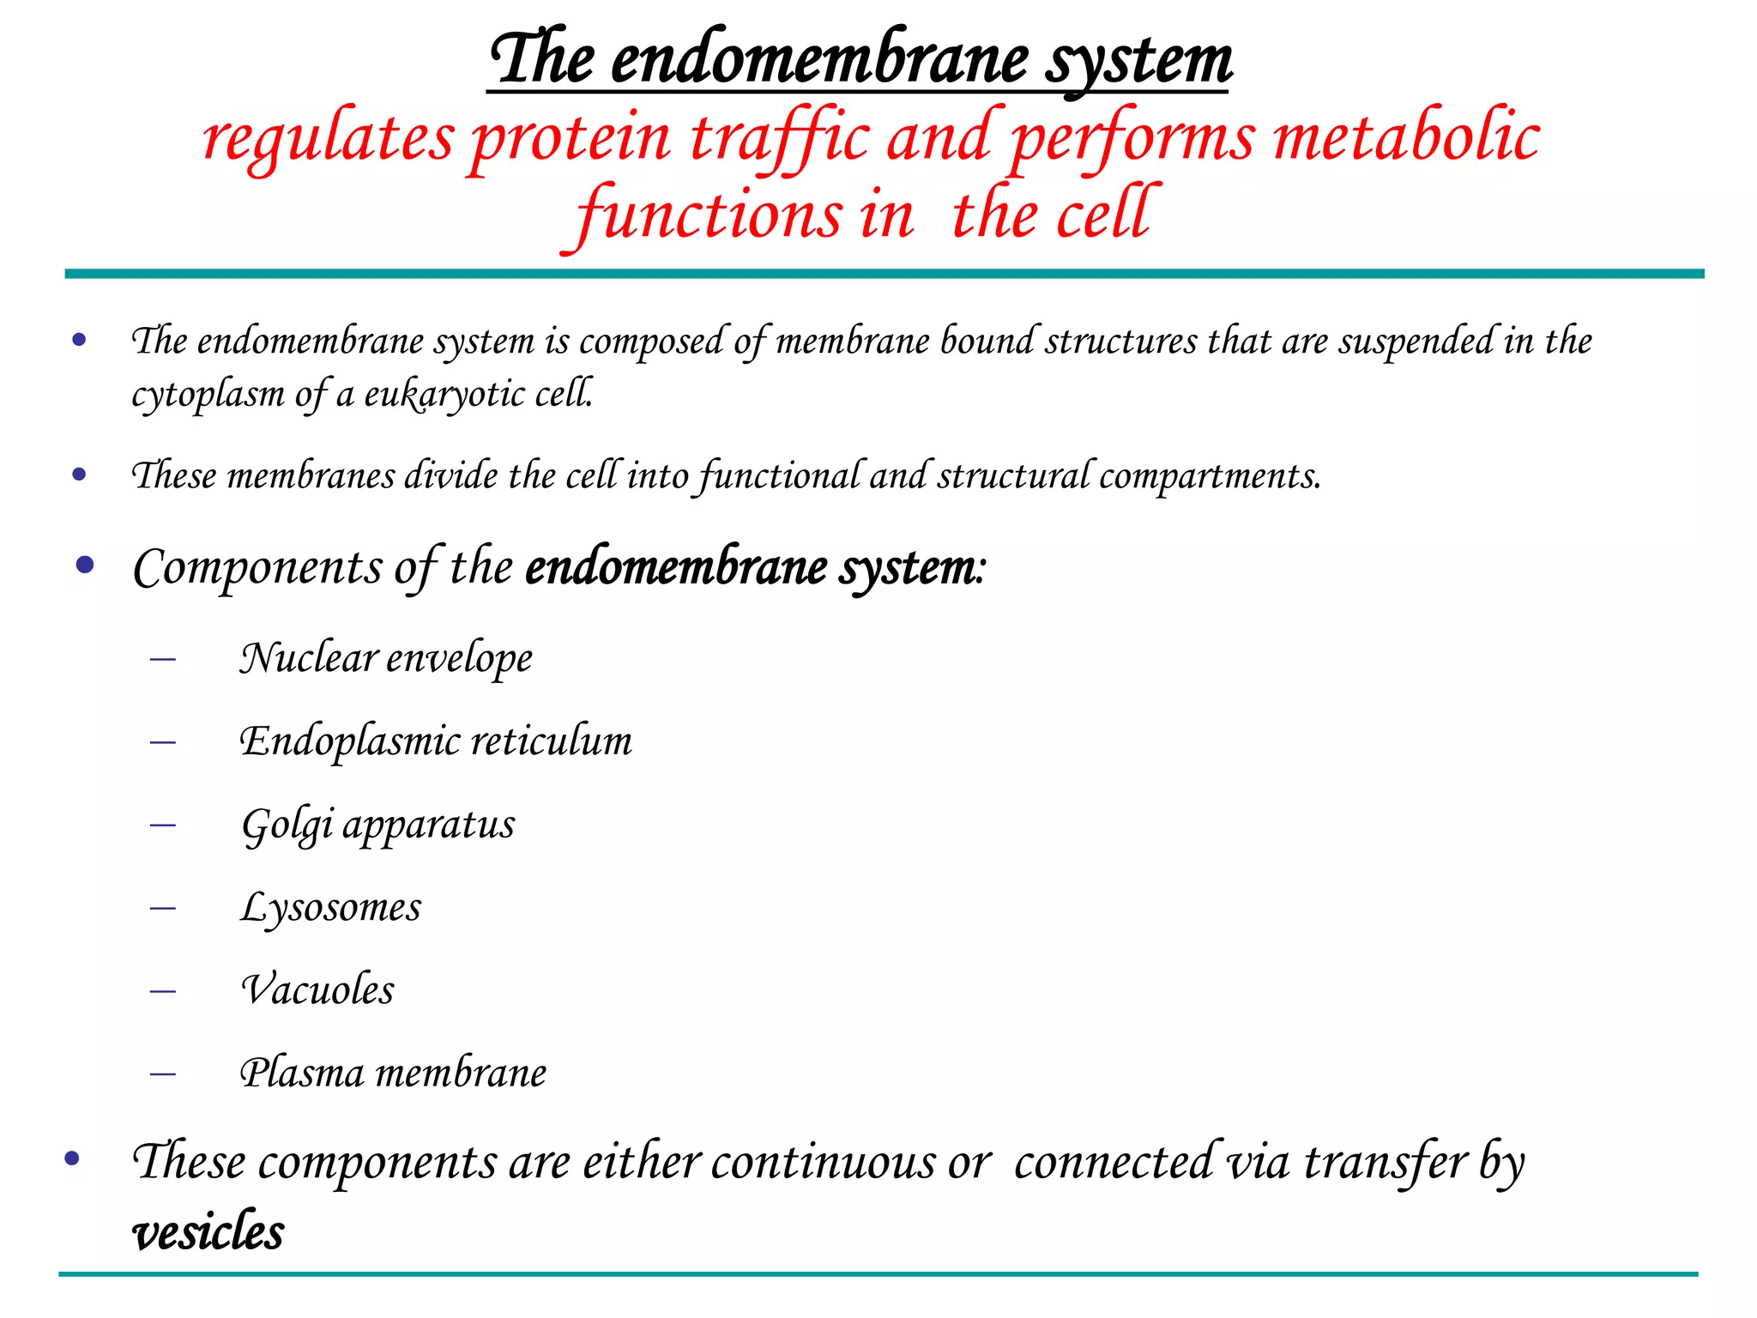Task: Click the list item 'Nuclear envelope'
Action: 386,659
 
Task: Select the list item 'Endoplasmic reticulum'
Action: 436,741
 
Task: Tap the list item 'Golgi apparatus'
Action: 378,825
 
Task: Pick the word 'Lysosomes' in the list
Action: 331,908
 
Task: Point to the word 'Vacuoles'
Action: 317,990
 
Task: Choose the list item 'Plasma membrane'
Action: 393,1073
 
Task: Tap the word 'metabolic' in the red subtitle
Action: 1407,139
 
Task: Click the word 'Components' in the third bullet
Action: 257,568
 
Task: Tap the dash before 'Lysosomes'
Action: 162,908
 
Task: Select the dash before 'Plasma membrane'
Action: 162,1073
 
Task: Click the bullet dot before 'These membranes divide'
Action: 80,474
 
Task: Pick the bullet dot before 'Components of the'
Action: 84,565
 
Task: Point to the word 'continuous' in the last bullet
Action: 824,1164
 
